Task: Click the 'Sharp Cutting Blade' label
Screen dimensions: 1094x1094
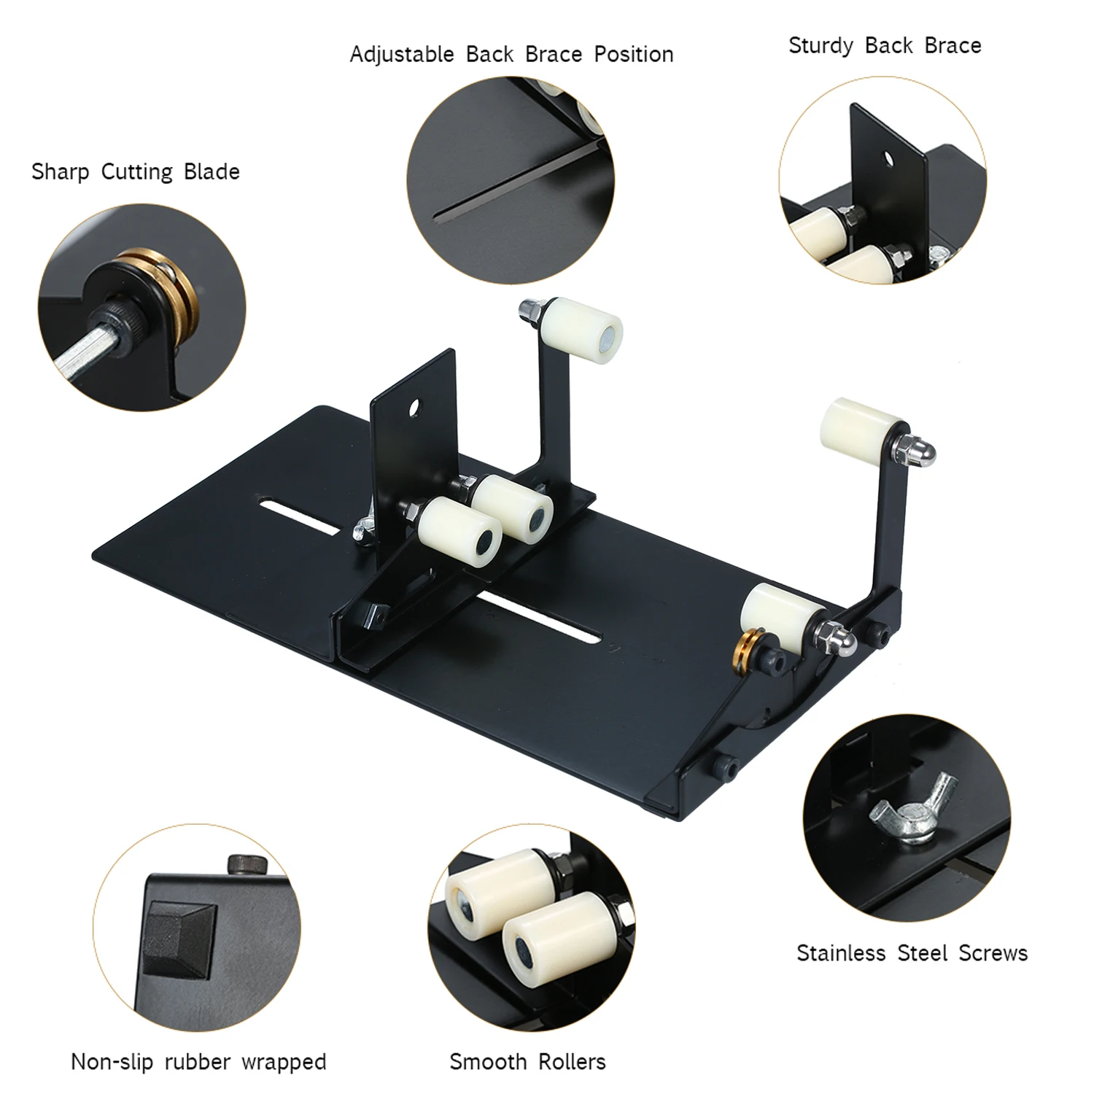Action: pyautogui.click(x=136, y=172)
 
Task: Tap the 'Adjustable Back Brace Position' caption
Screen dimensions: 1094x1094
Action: pyautogui.click(x=511, y=55)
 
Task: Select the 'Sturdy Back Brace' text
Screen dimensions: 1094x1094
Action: pyautogui.click(x=885, y=46)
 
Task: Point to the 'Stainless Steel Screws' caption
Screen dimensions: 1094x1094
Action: pyautogui.click(x=912, y=953)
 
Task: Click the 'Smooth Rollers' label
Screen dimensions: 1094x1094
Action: pyautogui.click(x=527, y=1061)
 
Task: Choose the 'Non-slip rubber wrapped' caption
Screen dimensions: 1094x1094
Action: pyautogui.click(x=198, y=1061)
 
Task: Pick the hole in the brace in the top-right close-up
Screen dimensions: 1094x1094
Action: pyautogui.click(x=889, y=157)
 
